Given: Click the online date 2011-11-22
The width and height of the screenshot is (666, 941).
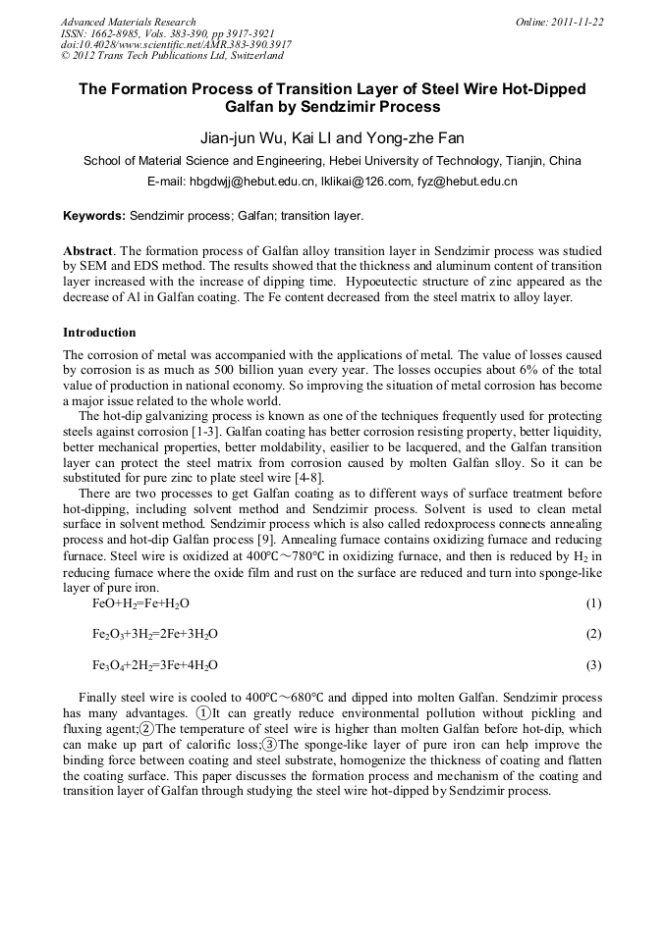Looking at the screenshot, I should tap(577, 22).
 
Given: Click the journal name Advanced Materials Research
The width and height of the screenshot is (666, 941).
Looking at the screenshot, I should tap(128, 22).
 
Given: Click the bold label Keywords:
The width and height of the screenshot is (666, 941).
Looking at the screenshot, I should tap(94, 215).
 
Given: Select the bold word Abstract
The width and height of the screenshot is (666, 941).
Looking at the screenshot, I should tap(89, 251).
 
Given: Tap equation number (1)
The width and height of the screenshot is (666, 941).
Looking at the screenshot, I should tap(593, 602).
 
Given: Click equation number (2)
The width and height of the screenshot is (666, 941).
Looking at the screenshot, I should tap(593, 634).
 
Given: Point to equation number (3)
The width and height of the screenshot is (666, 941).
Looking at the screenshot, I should tap(593, 665).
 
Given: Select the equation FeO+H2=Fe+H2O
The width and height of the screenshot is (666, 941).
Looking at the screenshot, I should tap(140, 602).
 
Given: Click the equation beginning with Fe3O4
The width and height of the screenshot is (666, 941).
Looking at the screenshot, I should tap(155, 665).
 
